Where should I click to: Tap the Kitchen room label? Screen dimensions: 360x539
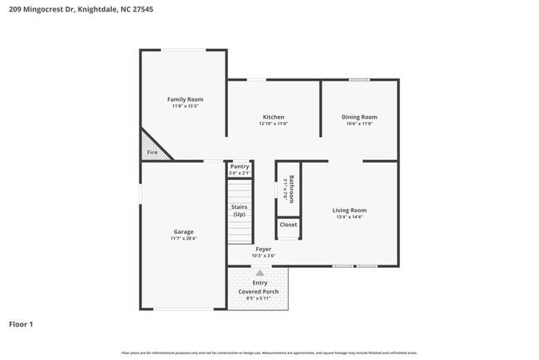point(274,117)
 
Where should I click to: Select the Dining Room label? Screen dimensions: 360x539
point(359,117)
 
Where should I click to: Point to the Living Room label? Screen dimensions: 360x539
point(349,211)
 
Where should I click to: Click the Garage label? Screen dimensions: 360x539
point(183,231)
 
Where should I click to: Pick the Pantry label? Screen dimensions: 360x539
point(240,167)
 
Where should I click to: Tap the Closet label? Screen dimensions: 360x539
point(288,225)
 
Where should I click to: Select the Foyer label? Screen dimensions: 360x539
point(263,248)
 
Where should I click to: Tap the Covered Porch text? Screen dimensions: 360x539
point(260,292)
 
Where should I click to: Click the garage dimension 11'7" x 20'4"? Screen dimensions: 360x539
point(183,239)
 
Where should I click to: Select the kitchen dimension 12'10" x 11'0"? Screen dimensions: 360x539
point(274,124)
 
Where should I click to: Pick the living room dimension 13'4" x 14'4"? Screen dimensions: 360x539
point(349,217)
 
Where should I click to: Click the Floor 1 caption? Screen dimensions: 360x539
point(22,324)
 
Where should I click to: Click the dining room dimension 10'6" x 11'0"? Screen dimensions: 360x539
point(359,124)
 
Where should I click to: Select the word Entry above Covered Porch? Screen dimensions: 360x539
point(260,284)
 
